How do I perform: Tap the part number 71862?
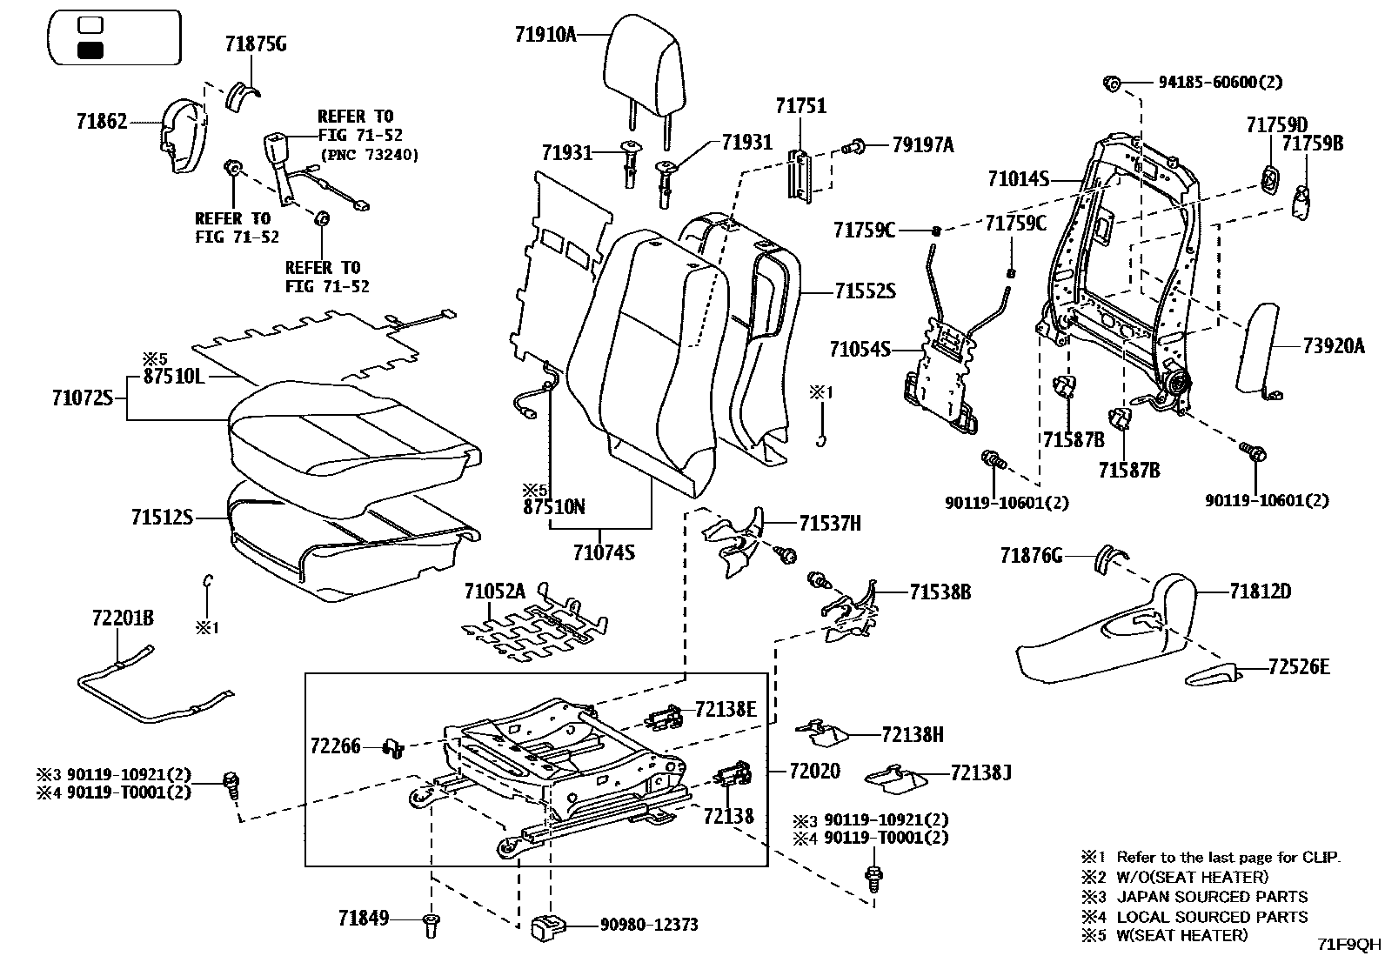[x=101, y=122]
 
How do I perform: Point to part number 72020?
[x=814, y=771]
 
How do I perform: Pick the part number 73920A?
[x=1334, y=345]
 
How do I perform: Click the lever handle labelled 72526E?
[x=1211, y=675]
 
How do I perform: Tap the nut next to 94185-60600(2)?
[x=1111, y=84]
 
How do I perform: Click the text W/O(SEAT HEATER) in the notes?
[x=1192, y=877]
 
